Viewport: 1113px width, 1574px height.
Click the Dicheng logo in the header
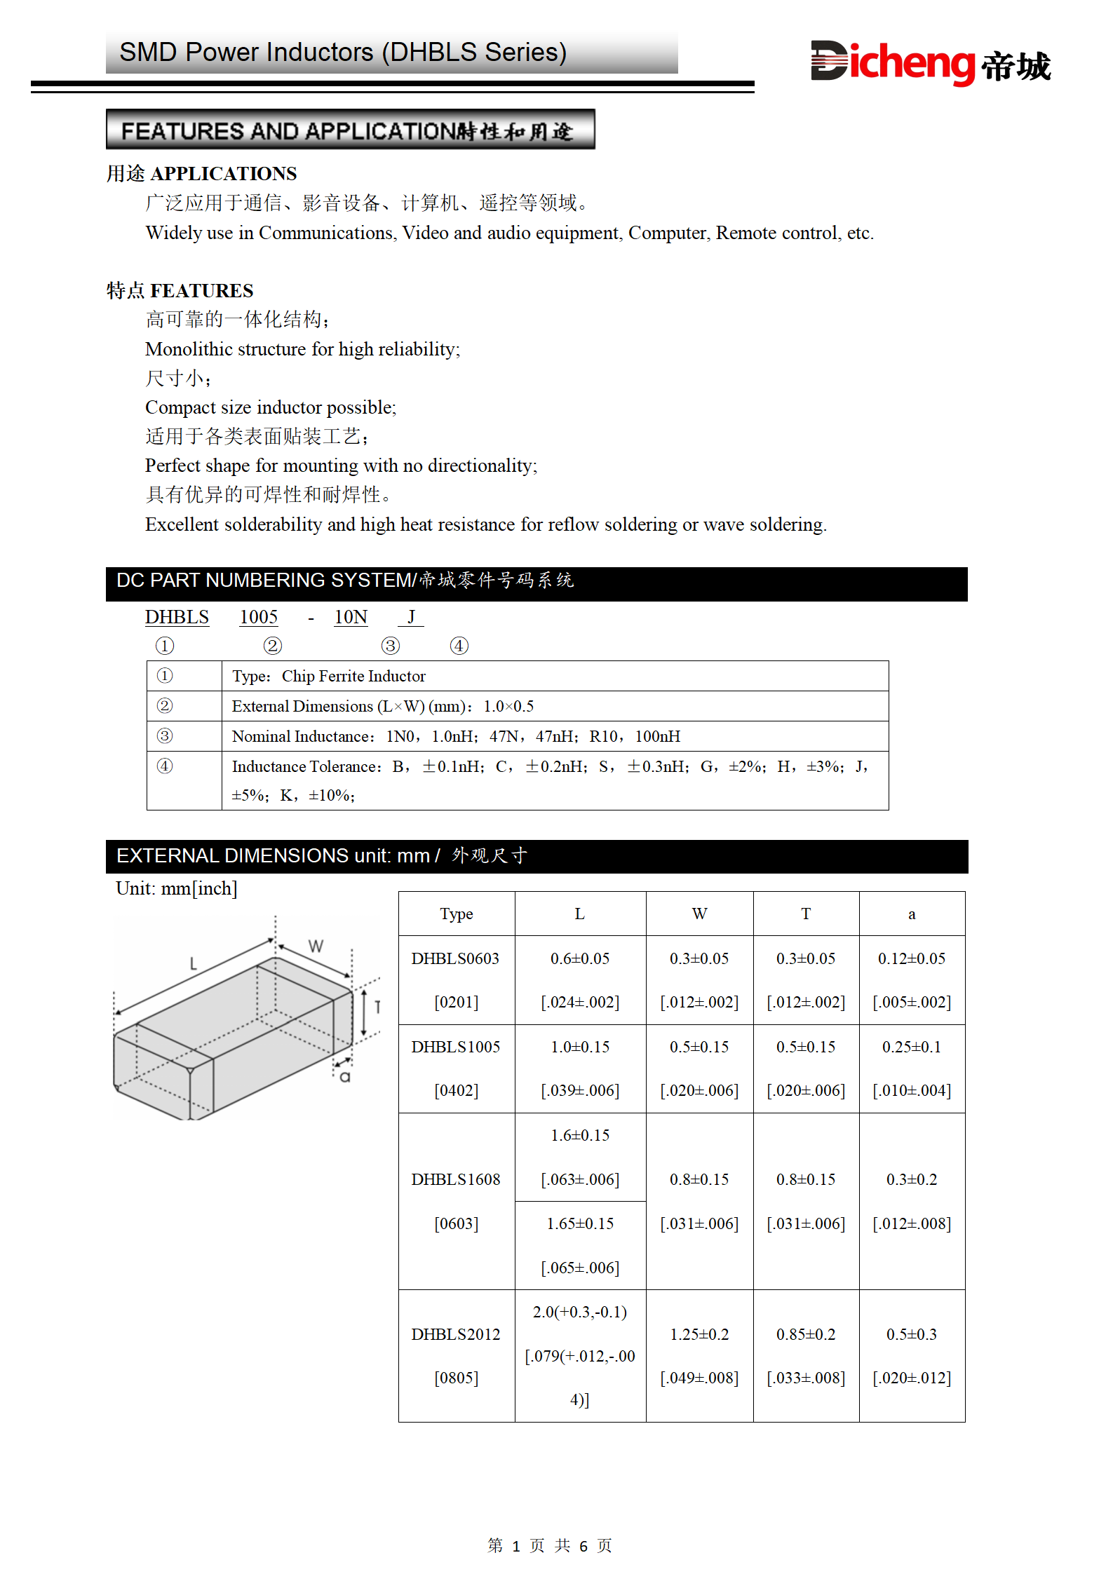(x=930, y=63)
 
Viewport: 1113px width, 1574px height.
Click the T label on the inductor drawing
(x=377, y=1007)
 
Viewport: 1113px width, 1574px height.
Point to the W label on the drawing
(x=316, y=946)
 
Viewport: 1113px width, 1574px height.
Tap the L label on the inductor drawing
(x=194, y=964)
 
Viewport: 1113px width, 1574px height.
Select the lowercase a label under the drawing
(x=344, y=1077)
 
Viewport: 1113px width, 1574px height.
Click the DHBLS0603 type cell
(x=455, y=958)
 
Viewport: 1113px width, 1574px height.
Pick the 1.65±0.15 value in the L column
(x=580, y=1223)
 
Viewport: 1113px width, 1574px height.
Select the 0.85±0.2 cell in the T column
(x=806, y=1334)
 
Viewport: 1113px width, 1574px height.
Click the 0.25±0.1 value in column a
(x=911, y=1047)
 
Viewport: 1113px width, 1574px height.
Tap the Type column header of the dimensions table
(x=457, y=914)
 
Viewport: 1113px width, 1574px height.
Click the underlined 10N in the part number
(x=351, y=617)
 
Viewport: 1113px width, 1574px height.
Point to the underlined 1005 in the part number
(x=259, y=617)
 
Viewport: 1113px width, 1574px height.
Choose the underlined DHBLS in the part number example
(x=177, y=617)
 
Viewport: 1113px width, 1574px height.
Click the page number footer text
(x=550, y=1545)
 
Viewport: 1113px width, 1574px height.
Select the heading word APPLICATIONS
(x=224, y=173)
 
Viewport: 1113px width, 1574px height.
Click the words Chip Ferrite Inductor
(x=353, y=676)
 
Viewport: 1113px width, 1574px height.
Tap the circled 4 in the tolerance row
(x=165, y=766)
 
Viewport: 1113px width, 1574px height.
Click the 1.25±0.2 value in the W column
(x=699, y=1334)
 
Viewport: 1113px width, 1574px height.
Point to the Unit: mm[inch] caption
(x=177, y=888)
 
